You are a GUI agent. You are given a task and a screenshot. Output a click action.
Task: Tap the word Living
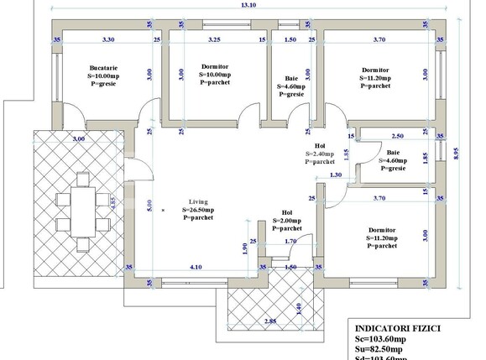coord(197,201)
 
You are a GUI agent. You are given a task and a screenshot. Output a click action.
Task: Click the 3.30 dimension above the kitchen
coord(108,39)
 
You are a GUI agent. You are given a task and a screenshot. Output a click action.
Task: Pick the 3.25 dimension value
coord(214,39)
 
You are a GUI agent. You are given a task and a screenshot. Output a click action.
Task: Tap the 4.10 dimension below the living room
coord(196,267)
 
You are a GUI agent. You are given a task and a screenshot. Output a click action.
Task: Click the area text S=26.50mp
coord(198,210)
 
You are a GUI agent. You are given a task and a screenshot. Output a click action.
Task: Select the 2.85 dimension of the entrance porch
coord(247,321)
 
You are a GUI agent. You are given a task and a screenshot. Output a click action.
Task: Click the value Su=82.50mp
coord(384,350)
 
